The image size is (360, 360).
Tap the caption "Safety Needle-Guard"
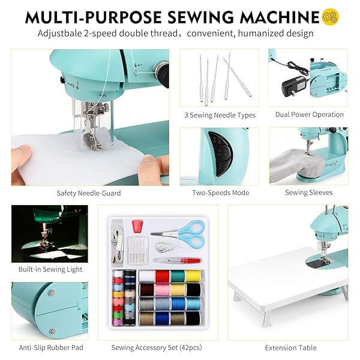tap(89, 193)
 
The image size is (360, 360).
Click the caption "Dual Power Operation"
tap(310, 115)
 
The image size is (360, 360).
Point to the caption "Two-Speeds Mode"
tap(220, 193)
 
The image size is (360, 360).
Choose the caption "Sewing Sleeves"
tap(309, 193)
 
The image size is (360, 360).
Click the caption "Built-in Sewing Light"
tap(50, 270)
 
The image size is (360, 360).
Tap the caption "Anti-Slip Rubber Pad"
tap(50, 347)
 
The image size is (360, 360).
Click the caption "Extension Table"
tap(291, 347)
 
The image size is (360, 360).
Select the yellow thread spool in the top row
tap(192, 276)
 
